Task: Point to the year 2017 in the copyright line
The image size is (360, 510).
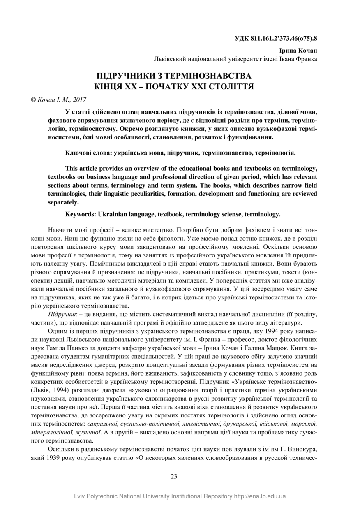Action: click(x=79, y=99)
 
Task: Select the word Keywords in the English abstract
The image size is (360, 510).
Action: click(x=81, y=214)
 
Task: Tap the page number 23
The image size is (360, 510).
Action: click(x=174, y=476)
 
